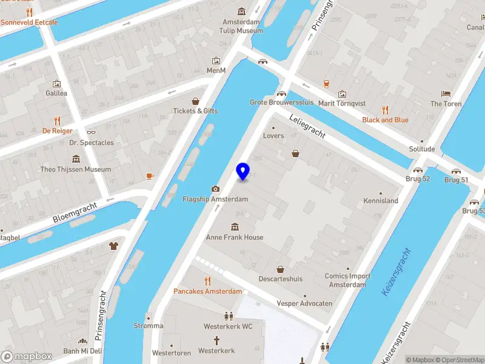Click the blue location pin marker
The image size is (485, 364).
click(x=242, y=171)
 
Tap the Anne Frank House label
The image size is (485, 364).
click(x=235, y=237)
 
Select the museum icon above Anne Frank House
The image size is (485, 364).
click(x=235, y=227)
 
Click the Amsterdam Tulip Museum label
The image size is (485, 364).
click(x=241, y=26)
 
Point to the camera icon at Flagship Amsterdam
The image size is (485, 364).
click(x=215, y=189)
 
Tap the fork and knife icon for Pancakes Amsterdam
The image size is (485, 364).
click(x=207, y=281)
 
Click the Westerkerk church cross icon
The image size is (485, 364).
click(x=216, y=340)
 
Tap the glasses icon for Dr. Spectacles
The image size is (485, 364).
click(x=92, y=132)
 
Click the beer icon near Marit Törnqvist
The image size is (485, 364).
click(x=326, y=84)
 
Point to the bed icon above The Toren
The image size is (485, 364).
click(x=446, y=93)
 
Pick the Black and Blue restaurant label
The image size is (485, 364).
click(x=385, y=120)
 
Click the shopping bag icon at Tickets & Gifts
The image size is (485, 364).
click(x=195, y=101)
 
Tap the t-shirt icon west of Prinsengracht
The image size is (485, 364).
click(x=113, y=246)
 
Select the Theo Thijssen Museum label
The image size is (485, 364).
click(x=76, y=170)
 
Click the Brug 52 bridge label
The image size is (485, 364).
click(x=418, y=179)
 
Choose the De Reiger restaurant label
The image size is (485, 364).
click(x=57, y=130)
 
